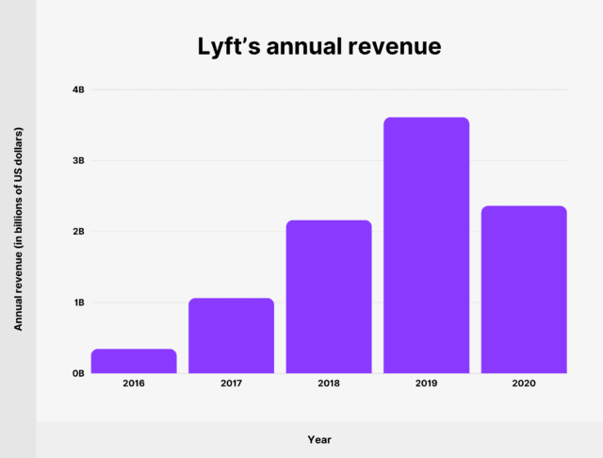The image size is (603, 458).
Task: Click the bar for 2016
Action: (x=134, y=361)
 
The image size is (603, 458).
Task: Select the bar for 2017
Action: (x=231, y=335)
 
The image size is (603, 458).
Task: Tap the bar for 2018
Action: (x=329, y=297)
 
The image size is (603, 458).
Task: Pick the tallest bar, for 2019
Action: (x=426, y=245)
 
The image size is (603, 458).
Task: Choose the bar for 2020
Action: (x=524, y=289)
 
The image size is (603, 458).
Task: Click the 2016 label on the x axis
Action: (x=134, y=384)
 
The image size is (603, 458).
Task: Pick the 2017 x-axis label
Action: (x=231, y=384)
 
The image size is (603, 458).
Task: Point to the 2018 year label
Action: (x=329, y=384)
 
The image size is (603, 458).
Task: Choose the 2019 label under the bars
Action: (x=426, y=384)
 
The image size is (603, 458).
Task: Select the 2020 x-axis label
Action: (x=524, y=384)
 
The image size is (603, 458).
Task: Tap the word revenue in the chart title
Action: (x=396, y=45)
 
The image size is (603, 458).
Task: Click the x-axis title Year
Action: (x=319, y=439)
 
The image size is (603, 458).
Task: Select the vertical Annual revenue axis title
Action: (x=18, y=228)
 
